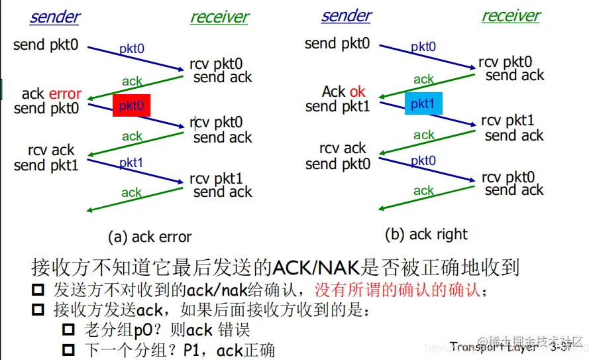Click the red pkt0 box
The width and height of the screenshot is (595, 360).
(131, 106)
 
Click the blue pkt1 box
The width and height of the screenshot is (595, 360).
(423, 104)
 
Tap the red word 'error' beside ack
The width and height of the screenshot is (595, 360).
(65, 94)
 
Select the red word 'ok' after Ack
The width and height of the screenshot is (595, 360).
(357, 91)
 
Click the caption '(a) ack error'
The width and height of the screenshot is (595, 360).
(150, 237)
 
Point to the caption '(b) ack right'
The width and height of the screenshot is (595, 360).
(426, 234)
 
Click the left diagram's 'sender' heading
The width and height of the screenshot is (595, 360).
(54, 17)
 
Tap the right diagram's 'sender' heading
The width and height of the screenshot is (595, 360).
(346, 16)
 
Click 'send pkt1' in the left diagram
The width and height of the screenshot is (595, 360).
(46, 166)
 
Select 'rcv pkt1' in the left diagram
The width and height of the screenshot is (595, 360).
(216, 178)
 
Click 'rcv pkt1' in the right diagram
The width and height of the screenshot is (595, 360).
(508, 121)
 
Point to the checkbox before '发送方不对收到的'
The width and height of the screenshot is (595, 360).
(39, 290)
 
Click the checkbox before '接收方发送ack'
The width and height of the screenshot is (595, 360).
(39, 310)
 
